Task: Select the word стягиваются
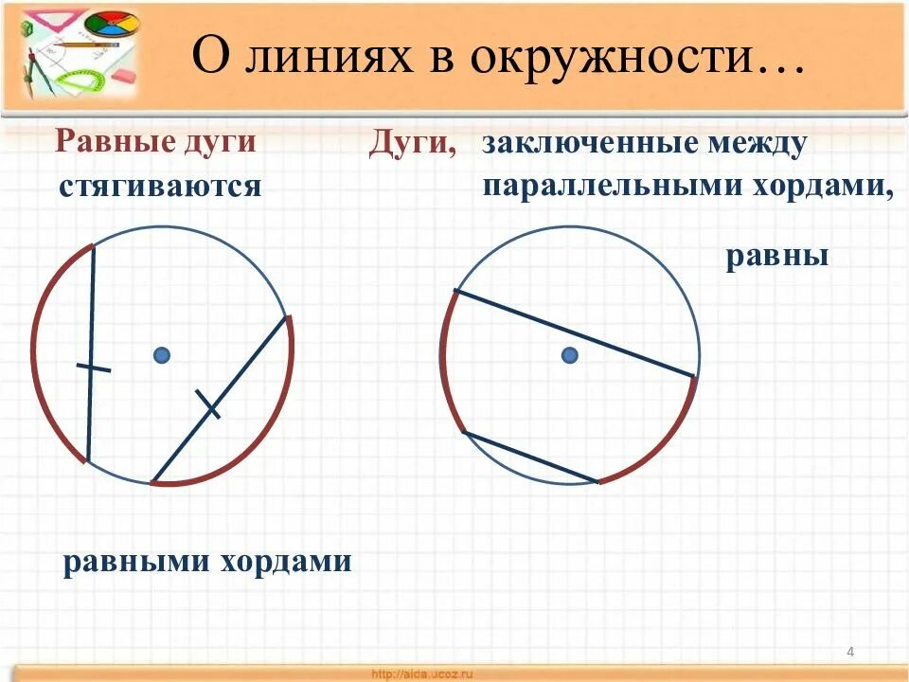159,186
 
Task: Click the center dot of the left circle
162,355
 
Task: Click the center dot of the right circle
569,355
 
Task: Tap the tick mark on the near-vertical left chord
93,368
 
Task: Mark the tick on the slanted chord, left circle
207,404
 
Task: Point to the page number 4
850,651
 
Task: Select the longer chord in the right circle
576,333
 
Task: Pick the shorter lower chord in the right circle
530,457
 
